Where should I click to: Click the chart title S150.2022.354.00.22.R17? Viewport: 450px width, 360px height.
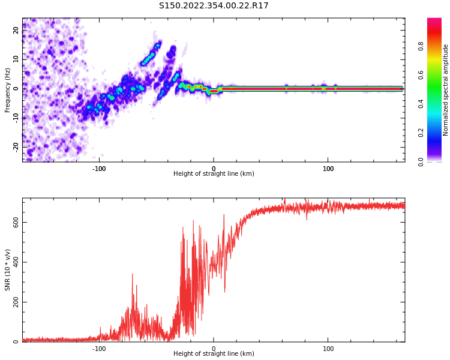[214, 5]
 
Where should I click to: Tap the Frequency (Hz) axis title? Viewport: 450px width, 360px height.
[8, 90]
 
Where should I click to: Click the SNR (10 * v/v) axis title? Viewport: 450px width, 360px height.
[8, 270]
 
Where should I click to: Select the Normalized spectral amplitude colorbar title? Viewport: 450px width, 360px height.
[446, 90]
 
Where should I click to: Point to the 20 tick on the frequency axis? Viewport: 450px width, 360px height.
[16, 30]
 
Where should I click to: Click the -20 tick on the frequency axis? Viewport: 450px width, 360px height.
[16, 146]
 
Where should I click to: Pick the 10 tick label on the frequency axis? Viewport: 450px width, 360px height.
[16, 59]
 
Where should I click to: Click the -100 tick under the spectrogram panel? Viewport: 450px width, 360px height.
[99, 169]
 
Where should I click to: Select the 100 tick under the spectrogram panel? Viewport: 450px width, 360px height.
[328, 169]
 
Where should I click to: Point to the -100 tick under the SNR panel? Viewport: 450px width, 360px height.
[99, 349]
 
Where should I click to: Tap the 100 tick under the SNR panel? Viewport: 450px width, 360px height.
[328, 349]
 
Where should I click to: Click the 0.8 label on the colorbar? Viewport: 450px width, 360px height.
[421, 46]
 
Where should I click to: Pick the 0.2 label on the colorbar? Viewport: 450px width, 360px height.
[421, 133]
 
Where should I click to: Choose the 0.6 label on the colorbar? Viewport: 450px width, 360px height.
[421, 74]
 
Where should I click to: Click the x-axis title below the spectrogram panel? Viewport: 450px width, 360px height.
[214, 174]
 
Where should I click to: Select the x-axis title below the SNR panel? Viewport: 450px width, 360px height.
[214, 354]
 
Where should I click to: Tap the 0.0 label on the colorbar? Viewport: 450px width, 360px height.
[421, 161]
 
